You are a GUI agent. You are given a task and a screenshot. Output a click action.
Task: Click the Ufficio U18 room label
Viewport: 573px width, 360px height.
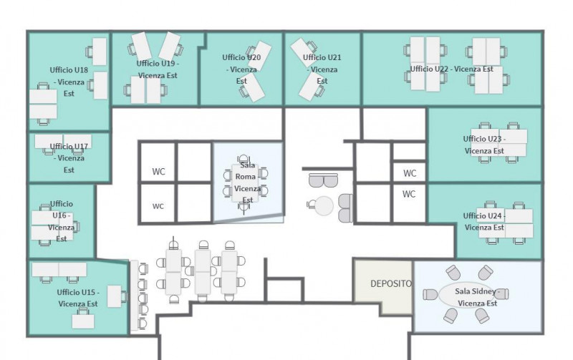pos(69,82)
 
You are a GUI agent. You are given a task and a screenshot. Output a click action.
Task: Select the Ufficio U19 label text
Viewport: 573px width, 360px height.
pos(158,69)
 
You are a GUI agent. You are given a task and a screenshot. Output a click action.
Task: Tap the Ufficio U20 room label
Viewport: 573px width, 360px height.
pos(241,69)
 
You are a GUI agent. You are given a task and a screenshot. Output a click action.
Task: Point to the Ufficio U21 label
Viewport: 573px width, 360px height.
pos(322,69)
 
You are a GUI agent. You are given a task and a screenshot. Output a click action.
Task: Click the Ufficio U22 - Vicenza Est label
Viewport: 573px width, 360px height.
pos(452,69)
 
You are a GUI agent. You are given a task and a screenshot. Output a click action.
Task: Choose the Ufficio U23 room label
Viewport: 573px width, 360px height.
pos(484,145)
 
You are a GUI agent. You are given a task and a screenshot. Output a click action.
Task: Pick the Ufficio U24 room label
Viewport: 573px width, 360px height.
pos(484,221)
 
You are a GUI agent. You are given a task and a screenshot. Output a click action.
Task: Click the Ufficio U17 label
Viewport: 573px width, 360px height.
pos(69,158)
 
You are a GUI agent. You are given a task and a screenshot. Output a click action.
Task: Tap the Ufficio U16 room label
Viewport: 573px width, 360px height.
pos(62,221)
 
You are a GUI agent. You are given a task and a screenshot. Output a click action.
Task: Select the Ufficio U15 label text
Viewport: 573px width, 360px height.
pos(78,298)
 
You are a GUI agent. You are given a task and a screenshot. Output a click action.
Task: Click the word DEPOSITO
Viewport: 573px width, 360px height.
pos(391,283)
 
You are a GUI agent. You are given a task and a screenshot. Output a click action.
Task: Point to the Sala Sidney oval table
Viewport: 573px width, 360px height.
pos(466,295)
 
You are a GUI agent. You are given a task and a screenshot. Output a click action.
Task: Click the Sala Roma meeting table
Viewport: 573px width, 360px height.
pos(245,183)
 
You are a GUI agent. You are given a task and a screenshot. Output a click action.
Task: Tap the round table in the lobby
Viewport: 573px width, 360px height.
pos(324,205)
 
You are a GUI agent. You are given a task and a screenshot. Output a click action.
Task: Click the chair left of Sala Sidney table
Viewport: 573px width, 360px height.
pos(430,295)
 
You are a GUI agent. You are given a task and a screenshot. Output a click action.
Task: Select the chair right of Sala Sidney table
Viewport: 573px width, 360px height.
pos(502,294)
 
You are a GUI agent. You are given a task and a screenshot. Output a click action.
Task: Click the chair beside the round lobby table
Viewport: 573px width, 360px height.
pos(311,205)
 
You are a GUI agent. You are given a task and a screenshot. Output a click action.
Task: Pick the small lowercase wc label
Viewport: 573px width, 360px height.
pos(158,206)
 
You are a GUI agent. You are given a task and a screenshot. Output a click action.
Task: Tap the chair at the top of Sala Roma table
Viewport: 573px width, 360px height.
pos(244,160)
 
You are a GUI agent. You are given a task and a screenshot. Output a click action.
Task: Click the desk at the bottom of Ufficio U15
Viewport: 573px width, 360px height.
pos(83,321)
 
